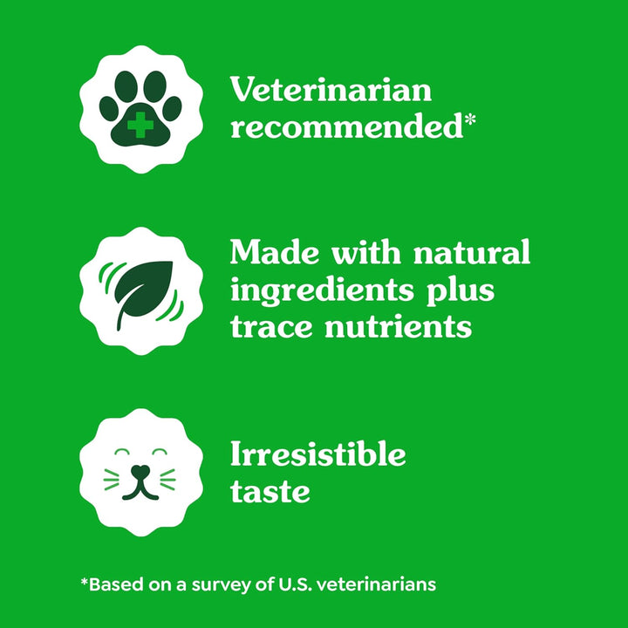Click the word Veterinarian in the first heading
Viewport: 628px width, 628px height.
331,90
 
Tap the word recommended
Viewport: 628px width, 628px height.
345,127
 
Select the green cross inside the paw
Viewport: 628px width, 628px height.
140,125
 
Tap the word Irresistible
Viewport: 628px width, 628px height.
317,454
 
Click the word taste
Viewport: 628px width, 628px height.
270,492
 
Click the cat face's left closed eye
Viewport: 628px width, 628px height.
121,454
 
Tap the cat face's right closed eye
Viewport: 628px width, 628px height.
158,454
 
